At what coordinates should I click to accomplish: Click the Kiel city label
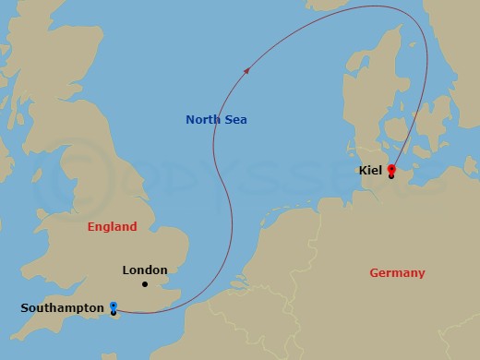tap(369, 171)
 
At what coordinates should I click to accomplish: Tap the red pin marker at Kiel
tap(391, 169)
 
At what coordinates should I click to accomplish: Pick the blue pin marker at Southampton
tap(113, 306)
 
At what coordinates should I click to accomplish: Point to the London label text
tap(145, 270)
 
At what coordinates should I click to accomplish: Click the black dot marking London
tap(145, 284)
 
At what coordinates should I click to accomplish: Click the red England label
tap(112, 227)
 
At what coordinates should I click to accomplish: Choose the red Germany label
tap(397, 273)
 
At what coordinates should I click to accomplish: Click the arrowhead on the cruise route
tap(246, 70)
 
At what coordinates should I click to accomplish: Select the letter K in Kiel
tap(361, 171)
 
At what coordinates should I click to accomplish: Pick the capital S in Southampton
tap(24, 307)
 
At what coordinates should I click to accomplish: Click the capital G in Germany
tap(373, 273)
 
